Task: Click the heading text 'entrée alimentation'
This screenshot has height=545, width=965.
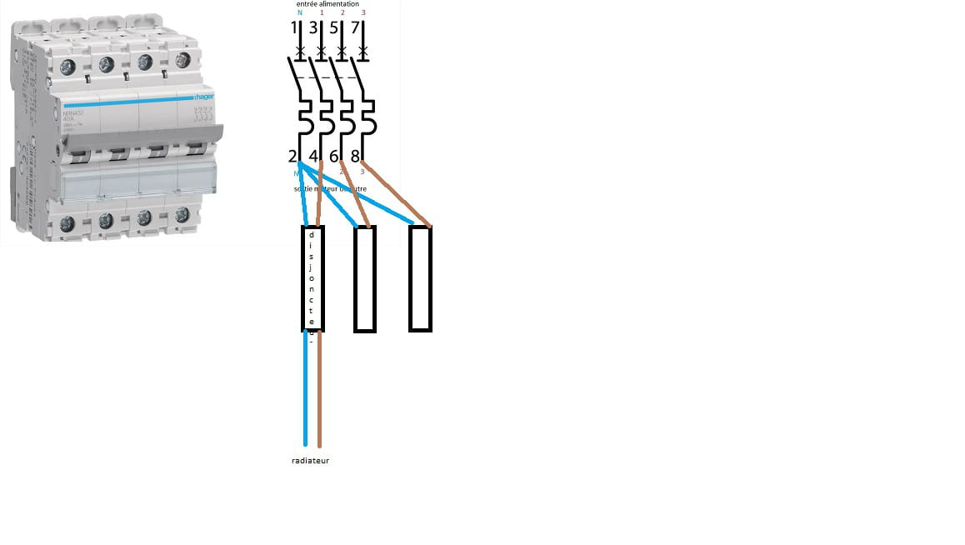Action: click(327, 4)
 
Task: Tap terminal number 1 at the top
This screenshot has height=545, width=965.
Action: click(294, 28)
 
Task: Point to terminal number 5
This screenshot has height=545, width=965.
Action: click(335, 28)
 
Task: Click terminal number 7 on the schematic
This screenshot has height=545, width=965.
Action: click(356, 28)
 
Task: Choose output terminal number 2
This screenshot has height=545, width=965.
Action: click(292, 156)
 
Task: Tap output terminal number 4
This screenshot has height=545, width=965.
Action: click(313, 156)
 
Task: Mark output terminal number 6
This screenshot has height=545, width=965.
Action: click(334, 156)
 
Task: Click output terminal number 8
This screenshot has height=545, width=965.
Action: click(356, 156)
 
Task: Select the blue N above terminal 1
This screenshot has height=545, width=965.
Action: click(300, 13)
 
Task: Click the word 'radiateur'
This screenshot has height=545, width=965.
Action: click(311, 460)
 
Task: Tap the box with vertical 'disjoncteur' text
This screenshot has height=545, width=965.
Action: click(312, 279)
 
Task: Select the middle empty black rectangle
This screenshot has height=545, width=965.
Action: click(365, 279)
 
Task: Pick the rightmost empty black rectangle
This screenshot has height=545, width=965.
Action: click(420, 279)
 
